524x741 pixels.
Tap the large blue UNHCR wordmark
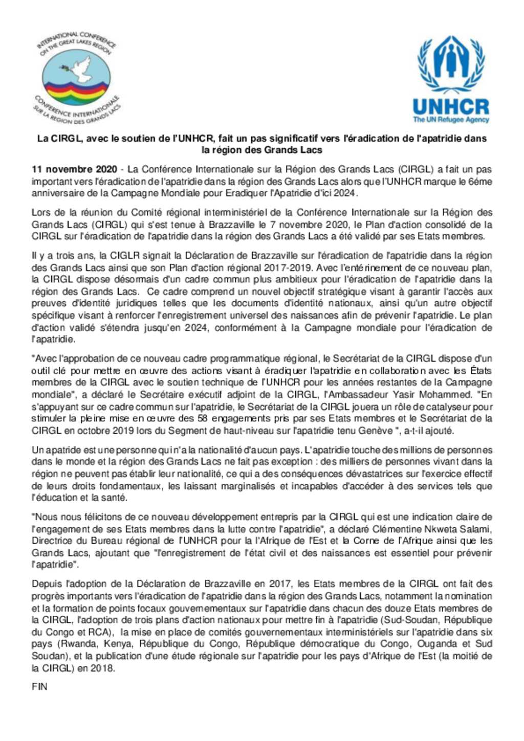pyautogui.click(x=451, y=107)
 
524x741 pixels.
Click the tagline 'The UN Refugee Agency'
pyautogui.click(x=451, y=120)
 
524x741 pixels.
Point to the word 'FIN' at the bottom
pyautogui.click(x=39, y=686)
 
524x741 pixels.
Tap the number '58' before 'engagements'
pyautogui.click(x=203, y=418)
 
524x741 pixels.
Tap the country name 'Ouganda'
pyautogui.click(x=435, y=643)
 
